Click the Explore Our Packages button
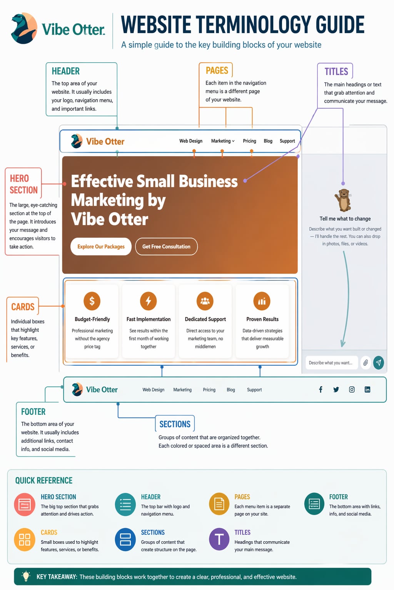coord(101,247)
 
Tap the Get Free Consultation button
coord(166,247)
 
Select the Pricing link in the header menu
coord(249,141)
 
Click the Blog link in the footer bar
coord(230,389)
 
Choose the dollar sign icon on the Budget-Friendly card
coord(92,301)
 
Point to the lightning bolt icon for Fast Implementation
coord(148,301)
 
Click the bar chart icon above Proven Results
coord(262,301)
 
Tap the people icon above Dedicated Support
coord(205,301)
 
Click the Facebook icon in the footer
coord(321,389)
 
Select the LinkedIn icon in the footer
coord(367,389)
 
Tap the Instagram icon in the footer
coord(352,389)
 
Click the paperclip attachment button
coord(366,363)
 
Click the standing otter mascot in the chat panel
coord(343,200)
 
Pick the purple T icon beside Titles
coord(219,539)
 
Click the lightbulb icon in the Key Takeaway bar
coord(26,576)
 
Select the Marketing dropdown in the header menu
coord(223,141)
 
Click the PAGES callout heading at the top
coord(217,70)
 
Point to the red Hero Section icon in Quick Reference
coord(25,504)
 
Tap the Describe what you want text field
coord(332,363)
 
